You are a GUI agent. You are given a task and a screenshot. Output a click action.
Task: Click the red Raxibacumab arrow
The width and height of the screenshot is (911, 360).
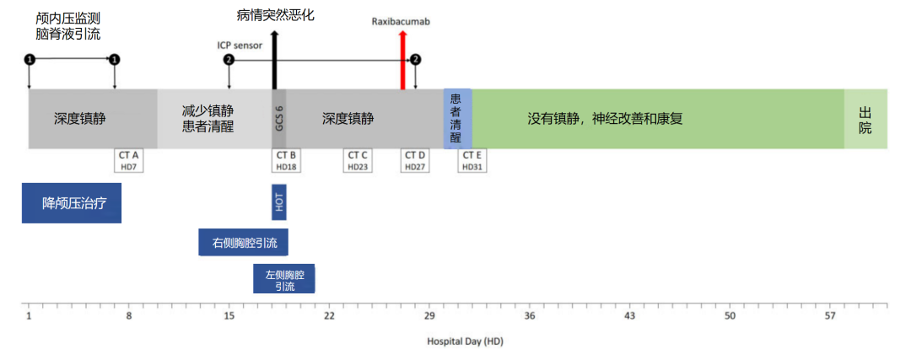403,59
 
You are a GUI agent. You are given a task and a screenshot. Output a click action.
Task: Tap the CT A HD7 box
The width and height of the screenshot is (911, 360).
129,160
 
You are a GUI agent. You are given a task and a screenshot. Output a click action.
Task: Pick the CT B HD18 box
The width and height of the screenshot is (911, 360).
287,160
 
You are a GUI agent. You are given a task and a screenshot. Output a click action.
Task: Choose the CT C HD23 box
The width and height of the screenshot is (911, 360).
358,160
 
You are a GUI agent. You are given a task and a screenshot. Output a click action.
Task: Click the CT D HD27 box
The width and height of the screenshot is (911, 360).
415,160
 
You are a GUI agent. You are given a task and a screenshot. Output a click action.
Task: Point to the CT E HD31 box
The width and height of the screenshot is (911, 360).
472,160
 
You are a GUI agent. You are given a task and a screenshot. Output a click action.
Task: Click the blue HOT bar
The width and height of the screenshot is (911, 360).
279,201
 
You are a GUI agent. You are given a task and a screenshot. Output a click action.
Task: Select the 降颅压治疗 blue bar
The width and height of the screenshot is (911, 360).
72,203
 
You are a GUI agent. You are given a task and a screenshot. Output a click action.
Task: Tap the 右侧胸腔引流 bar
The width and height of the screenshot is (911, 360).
243,242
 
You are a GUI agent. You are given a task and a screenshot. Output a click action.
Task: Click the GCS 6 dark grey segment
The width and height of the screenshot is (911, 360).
279,119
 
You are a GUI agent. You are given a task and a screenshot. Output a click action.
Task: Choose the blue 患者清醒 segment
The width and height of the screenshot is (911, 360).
457,119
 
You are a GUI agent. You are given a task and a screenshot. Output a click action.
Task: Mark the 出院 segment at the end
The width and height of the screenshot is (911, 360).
865,119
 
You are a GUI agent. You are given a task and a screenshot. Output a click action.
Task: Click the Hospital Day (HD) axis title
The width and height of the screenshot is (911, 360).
465,341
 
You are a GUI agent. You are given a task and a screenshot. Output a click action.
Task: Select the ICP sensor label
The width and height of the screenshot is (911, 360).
240,45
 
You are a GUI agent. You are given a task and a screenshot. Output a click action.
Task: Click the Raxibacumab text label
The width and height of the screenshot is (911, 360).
401,20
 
